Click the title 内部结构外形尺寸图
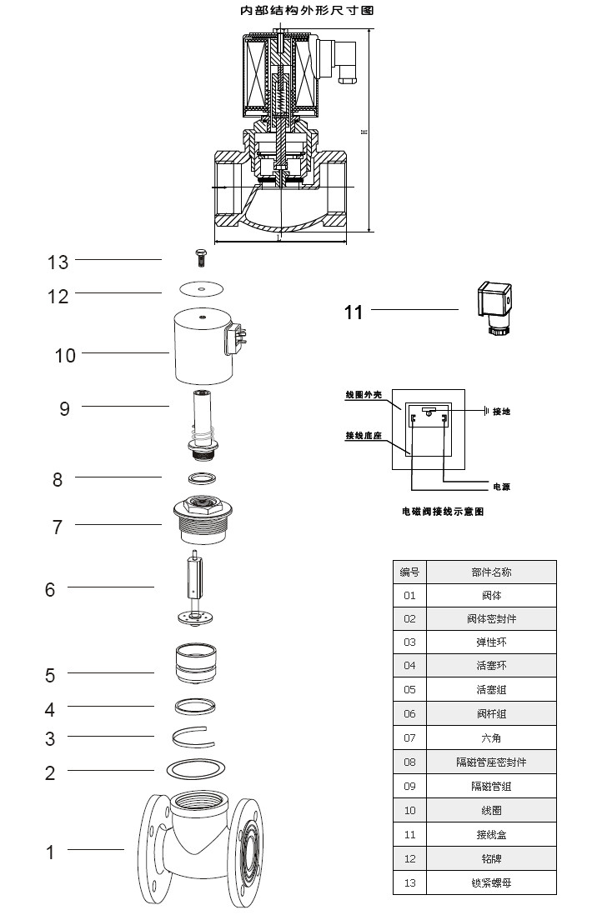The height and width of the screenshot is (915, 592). click(296, 12)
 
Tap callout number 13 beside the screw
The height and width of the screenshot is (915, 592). click(58, 262)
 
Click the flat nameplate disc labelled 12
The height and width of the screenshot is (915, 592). click(202, 289)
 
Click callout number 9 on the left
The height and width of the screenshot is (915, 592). click(64, 408)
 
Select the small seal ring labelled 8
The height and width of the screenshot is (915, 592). click(202, 478)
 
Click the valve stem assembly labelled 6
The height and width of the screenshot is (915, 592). click(200, 587)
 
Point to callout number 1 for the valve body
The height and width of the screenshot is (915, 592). click(50, 852)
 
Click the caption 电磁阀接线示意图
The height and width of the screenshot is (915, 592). click(442, 512)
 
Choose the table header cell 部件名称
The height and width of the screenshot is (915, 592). click(491, 572)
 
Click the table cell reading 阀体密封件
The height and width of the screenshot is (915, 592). click(491, 619)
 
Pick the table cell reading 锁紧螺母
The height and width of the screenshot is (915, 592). click(491, 882)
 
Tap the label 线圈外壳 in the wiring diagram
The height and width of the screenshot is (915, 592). click(364, 395)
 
